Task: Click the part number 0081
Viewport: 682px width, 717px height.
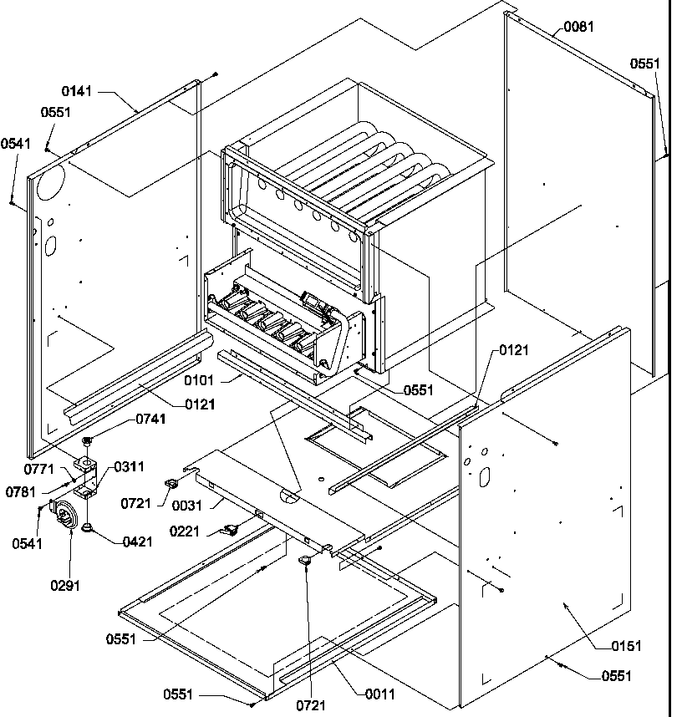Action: point(578,27)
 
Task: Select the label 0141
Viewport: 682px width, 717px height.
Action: point(77,89)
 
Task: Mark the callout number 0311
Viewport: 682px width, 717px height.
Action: point(128,466)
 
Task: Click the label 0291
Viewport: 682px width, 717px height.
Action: point(64,585)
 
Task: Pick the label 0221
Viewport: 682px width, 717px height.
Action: point(184,531)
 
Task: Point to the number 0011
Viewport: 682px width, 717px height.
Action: point(379,694)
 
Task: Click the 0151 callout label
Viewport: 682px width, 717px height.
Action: point(626,645)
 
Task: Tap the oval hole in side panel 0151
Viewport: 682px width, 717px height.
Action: point(482,475)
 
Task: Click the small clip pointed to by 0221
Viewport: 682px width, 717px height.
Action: point(229,529)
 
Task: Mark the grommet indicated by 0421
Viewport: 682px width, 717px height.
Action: point(88,526)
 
